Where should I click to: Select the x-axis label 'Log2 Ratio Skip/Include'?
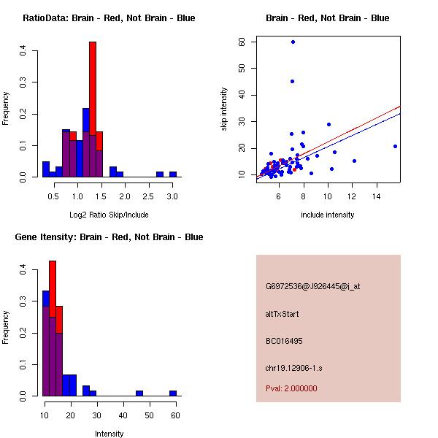click(x=109, y=214)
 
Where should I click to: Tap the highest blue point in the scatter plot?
click(x=293, y=42)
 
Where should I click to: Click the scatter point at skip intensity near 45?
click(x=292, y=81)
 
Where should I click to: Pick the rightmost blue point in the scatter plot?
click(x=395, y=146)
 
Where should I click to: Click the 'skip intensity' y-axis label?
click(x=224, y=109)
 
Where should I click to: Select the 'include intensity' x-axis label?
click(x=328, y=215)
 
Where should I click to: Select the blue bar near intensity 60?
click(x=173, y=393)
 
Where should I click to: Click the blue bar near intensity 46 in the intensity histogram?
click(x=139, y=393)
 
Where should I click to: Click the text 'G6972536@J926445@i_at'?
click(x=313, y=286)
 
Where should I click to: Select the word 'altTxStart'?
click(x=283, y=314)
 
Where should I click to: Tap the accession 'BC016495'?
click(x=284, y=341)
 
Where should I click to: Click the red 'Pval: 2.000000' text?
click(x=291, y=388)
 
